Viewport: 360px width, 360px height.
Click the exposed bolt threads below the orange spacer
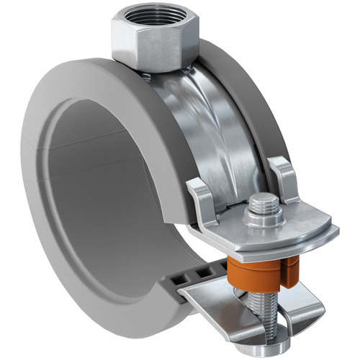pyautogui.click(x=264, y=307)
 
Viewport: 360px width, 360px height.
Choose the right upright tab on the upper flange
pyautogui.click(x=284, y=177)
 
